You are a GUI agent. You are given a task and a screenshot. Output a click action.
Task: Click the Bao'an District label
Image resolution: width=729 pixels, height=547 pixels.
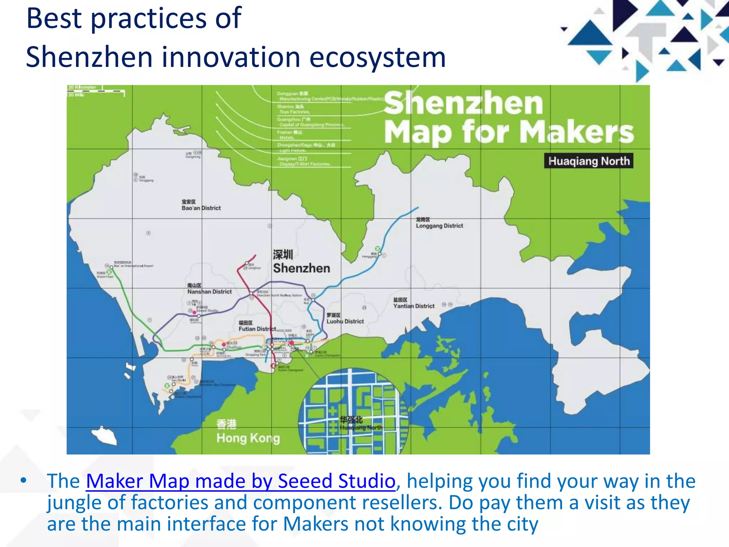201,205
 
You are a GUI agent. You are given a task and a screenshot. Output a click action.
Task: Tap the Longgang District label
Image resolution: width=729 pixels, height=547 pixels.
439,223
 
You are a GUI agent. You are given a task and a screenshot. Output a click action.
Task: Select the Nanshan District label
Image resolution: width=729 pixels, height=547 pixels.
209,289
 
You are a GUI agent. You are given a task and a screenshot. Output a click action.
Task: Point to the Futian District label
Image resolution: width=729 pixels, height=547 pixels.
257,326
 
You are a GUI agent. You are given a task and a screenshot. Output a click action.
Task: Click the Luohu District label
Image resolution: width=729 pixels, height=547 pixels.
345,319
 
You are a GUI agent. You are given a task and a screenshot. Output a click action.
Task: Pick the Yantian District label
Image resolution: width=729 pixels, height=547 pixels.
414,303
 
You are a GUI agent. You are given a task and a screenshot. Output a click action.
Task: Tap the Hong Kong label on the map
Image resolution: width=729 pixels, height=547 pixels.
248,432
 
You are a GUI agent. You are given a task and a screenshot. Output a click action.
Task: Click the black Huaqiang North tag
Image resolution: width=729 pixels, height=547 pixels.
589,161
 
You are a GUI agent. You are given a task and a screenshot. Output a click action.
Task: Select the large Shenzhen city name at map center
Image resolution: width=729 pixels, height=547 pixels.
301,262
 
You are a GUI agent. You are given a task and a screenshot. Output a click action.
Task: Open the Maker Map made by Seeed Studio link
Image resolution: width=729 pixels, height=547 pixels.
241,481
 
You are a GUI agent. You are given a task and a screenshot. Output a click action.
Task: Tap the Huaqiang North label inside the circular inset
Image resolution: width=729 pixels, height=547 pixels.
360,423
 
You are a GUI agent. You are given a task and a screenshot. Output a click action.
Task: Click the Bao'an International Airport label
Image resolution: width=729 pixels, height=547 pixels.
133,266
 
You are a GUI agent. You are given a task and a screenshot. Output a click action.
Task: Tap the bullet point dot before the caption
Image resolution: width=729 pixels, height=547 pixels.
23,481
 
